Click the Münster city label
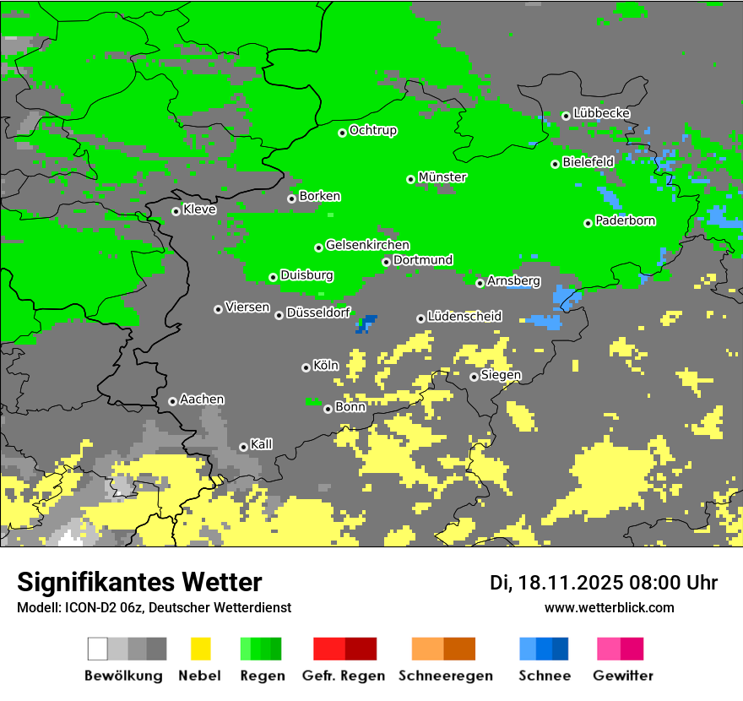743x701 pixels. coord(442,177)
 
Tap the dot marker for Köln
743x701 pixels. coord(306,367)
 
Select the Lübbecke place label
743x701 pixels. coord(601,113)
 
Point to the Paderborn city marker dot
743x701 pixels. coord(588,223)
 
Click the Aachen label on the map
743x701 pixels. coord(202,399)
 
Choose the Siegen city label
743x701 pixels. coord(501,375)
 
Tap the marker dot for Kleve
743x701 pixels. coord(176,211)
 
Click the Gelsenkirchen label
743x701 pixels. coord(367,245)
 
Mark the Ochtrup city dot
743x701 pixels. coord(342,133)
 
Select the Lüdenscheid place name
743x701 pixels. coord(464,317)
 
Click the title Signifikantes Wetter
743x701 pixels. coord(139,582)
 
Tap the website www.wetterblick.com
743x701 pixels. coord(609,607)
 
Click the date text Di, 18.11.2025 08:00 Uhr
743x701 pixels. coord(604,583)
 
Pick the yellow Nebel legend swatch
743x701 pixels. coord(200,649)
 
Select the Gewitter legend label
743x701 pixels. coord(622,676)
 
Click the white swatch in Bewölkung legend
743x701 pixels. coord(98,649)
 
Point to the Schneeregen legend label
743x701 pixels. coord(445,676)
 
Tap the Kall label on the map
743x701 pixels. coord(261,444)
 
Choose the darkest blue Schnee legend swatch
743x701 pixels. coord(561,649)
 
